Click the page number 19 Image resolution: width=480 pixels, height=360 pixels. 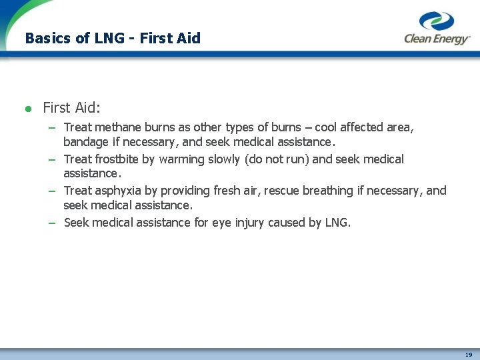(x=469, y=355)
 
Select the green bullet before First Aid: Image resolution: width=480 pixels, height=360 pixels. (x=28, y=108)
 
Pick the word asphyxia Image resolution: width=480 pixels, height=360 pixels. (x=119, y=191)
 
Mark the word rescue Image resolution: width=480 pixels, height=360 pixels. (x=283, y=191)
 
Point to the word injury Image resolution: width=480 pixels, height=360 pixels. (x=249, y=223)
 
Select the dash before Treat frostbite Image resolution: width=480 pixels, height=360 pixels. (x=51, y=160)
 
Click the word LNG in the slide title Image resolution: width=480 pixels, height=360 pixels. (x=109, y=38)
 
